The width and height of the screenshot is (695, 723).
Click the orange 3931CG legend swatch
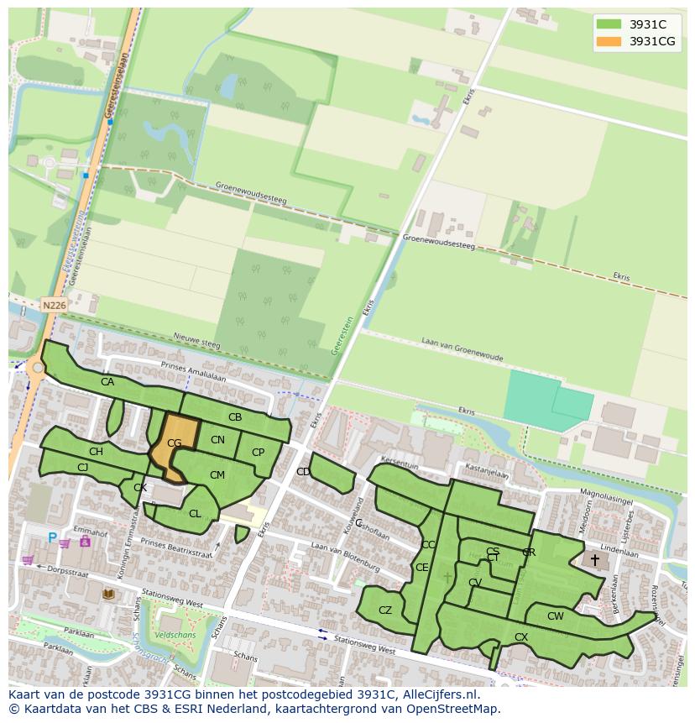point(609,41)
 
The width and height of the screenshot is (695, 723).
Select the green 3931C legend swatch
point(609,24)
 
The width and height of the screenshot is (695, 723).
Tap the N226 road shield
point(54,306)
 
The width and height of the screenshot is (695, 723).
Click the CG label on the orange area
point(175,443)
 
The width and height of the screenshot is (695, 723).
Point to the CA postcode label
point(107,382)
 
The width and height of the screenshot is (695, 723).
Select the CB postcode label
point(235,417)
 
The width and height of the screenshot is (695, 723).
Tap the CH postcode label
point(96,452)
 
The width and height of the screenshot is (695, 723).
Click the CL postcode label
point(195,514)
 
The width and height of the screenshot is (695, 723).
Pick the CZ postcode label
point(385,610)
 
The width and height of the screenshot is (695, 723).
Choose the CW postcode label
point(555,616)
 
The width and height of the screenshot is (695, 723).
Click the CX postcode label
point(521,637)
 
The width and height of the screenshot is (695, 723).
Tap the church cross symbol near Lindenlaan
point(595,559)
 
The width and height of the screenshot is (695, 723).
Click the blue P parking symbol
point(52,538)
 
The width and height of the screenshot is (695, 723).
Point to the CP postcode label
point(258,453)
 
